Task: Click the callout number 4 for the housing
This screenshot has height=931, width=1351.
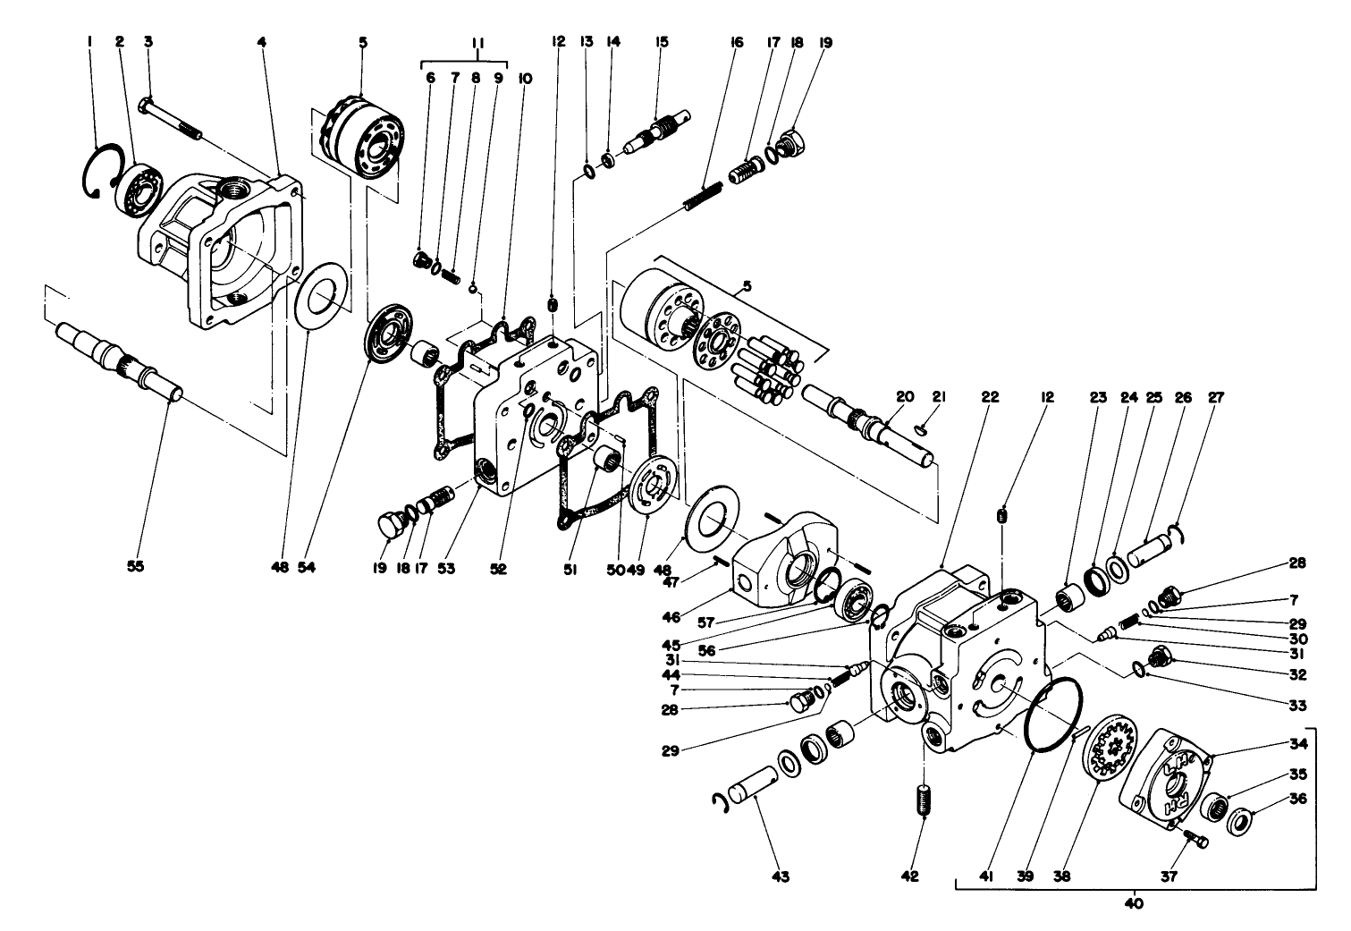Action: pyautogui.click(x=262, y=42)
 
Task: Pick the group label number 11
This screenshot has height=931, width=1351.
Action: pyautogui.click(x=477, y=42)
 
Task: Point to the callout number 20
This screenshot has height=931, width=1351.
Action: pyautogui.click(x=904, y=396)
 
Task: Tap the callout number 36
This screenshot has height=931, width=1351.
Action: pyautogui.click(x=1299, y=799)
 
